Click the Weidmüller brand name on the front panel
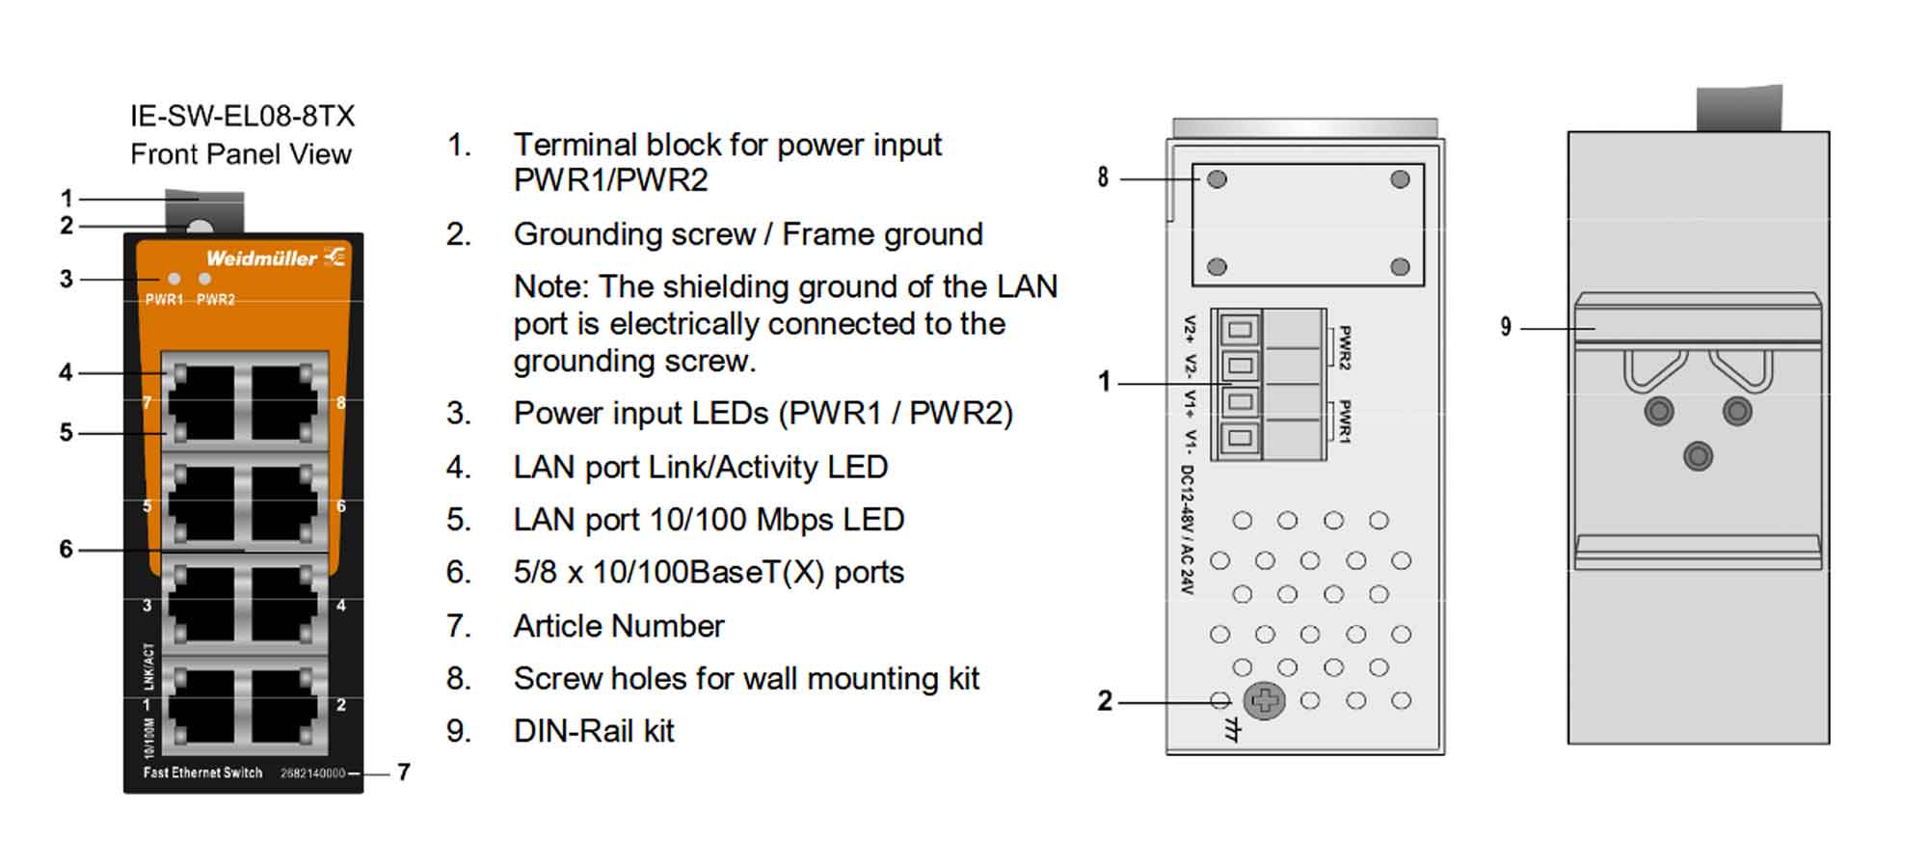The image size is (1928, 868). tap(261, 258)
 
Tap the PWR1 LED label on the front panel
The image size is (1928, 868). tap(164, 300)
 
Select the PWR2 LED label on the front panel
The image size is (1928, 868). tap(216, 300)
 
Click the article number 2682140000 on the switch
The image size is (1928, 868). tap(312, 773)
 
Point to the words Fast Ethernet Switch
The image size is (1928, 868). tap(202, 773)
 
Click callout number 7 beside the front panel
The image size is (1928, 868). tap(404, 773)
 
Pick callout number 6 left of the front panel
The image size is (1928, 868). tap(66, 549)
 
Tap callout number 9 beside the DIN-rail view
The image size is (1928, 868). tap(1506, 327)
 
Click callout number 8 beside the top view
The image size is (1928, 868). tap(1103, 177)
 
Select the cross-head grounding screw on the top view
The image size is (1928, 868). tap(1264, 701)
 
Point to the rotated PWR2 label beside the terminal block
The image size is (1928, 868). tap(1345, 348)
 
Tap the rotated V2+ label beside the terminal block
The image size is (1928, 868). tap(1191, 330)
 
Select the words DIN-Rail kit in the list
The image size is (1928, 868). tap(594, 731)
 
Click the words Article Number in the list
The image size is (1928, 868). tap(618, 626)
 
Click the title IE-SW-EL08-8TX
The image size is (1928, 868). tap(242, 117)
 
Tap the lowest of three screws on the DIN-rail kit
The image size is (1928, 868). tap(1698, 455)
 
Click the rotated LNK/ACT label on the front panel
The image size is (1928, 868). tap(149, 666)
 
